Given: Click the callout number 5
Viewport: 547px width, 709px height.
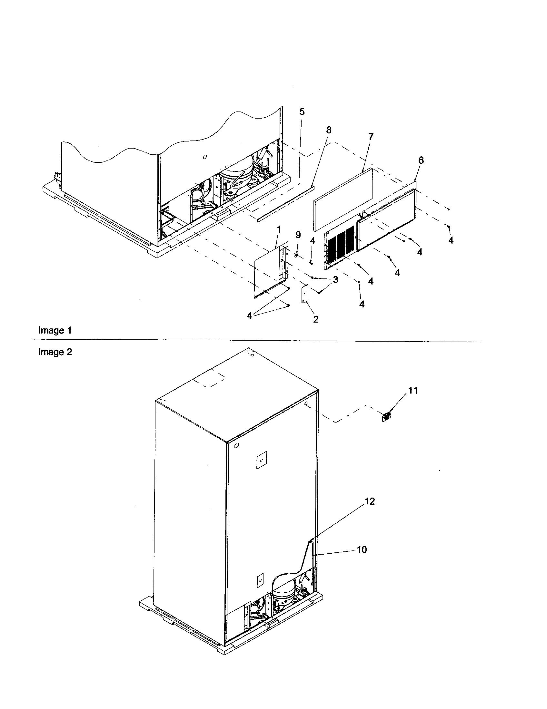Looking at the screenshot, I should coord(302,112).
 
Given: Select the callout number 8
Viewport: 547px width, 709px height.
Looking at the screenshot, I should coord(329,130).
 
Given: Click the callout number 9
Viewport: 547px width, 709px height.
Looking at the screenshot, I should coord(298,234).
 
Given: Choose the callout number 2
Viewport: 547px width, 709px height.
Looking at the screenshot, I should coord(316,319).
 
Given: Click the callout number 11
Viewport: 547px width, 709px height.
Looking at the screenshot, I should coord(413,391).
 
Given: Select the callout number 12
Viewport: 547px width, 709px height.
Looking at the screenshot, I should coord(370,501).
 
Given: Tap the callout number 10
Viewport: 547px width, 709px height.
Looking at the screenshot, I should coord(362,549).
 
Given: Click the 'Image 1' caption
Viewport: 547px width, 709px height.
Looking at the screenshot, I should coord(55,330).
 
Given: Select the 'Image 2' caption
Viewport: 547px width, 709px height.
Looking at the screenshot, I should coord(55,352).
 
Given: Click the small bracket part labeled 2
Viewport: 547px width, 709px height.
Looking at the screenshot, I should coord(304,294).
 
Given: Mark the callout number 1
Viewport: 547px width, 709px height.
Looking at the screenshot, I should coord(279,230).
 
